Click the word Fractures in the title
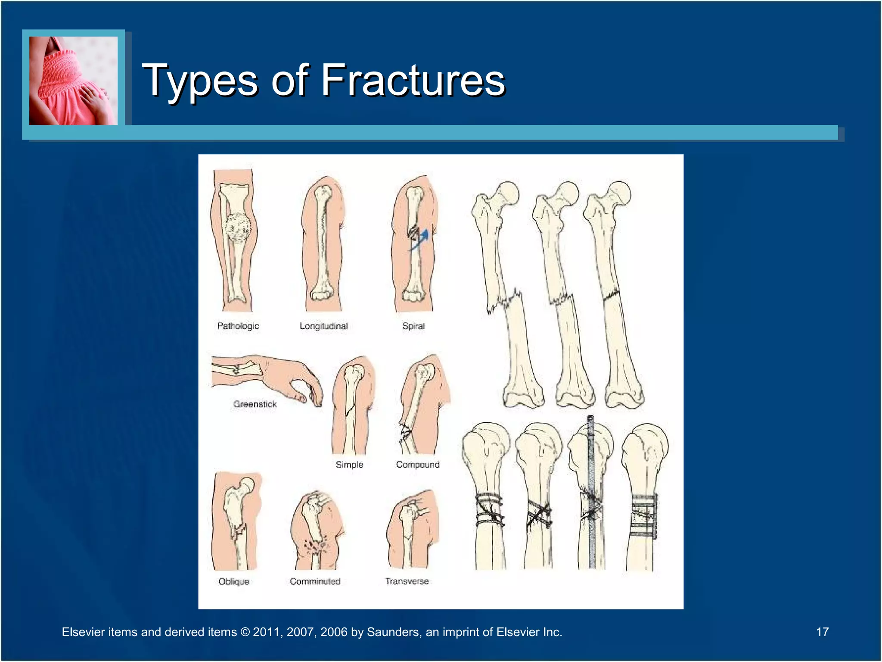pos(413,80)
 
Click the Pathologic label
pos(238,326)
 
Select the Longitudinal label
pos(324,326)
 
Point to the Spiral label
pos(413,326)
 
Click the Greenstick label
pos(255,404)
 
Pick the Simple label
pos(349,465)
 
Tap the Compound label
pos(418,465)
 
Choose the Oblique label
pos(234,581)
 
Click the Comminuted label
pos(315,581)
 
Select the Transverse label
pos(407,581)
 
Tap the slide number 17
pos(822,632)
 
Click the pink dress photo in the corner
pos(73,81)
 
